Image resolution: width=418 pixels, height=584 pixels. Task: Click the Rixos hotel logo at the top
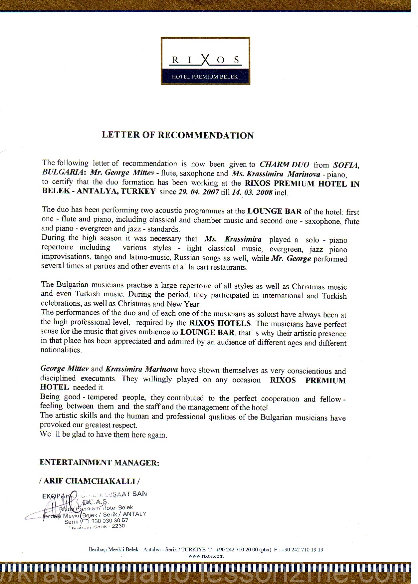(205, 61)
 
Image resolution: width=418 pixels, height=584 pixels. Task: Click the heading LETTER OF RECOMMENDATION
(177, 135)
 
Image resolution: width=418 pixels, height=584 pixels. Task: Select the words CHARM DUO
(284, 164)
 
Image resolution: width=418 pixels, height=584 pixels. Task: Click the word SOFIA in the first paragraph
(346, 165)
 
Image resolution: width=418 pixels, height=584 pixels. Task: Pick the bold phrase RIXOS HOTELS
(220, 323)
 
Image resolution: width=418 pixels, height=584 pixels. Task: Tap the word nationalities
(61, 350)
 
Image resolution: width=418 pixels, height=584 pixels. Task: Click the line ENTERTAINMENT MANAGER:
(99, 462)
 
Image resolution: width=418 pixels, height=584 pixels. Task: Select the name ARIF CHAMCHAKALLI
(90, 481)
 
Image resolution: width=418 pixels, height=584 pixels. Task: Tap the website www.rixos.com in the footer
(206, 556)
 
